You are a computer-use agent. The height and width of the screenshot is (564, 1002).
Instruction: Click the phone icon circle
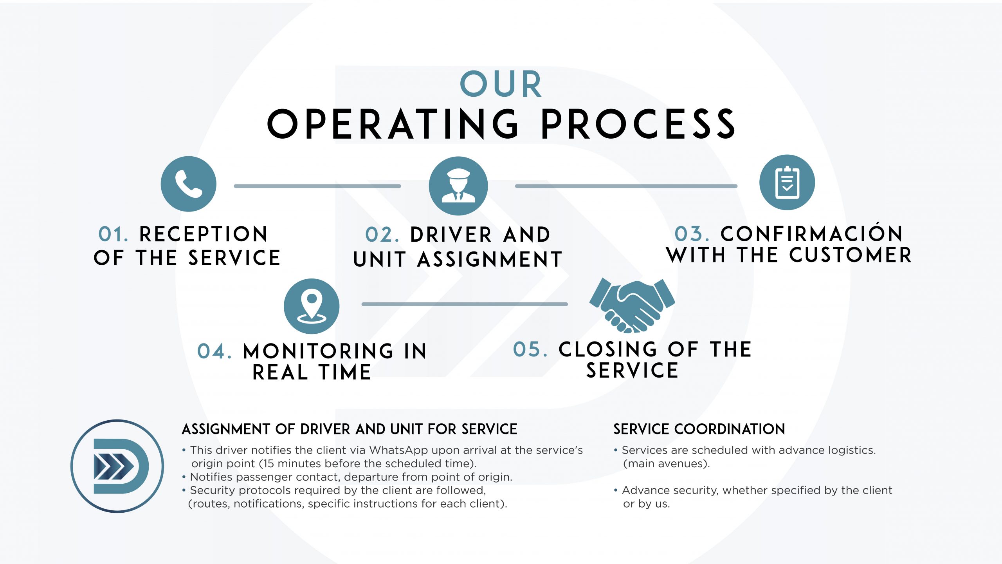click(x=189, y=184)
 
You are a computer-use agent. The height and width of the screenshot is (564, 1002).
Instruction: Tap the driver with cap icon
click(x=458, y=186)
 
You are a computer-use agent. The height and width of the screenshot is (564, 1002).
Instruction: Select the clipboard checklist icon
click(x=787, y=183)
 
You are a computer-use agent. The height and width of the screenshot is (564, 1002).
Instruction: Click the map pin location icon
click(x=312, y=306)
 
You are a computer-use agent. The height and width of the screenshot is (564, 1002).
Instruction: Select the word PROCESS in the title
click(x=638, y=125)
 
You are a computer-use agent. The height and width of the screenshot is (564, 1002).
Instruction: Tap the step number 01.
click(x=113, y=234)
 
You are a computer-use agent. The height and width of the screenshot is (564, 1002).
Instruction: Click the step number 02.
click(x=382, y=235)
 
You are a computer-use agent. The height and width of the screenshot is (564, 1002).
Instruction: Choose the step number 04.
click(x=214, y=351)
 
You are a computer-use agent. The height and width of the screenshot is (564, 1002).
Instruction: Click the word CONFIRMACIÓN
click(x=811, y=233)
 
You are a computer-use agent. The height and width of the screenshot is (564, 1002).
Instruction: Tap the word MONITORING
click(x=318, y=351)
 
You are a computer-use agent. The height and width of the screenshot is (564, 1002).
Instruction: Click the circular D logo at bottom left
click(x=117, y=466)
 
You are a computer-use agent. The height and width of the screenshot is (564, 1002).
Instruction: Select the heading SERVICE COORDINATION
click(x=699, y=429)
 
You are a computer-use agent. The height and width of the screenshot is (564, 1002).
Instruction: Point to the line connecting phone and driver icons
click(x=317, y=186)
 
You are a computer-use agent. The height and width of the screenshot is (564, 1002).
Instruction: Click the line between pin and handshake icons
click(x=465, y=304)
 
